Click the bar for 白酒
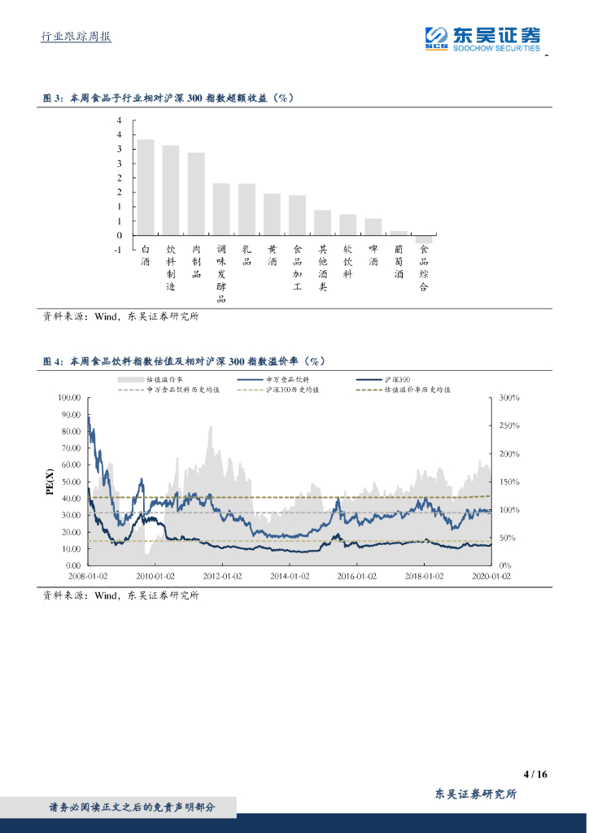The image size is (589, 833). pos(146,187)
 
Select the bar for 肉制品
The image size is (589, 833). pos(196,194)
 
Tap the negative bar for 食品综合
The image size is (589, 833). pos(424,239)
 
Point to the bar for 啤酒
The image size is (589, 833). pos(373,227)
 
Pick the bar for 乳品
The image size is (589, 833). pos(247,209)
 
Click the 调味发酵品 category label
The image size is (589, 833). pos(221,274)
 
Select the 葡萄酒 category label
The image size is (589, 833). pos(399,262)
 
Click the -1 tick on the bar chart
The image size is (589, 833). pos(119,250)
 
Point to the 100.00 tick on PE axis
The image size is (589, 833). pos(69,398)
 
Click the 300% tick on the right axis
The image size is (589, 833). pos(509,398)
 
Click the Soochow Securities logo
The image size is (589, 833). pos(483,37)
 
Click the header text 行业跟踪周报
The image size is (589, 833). pos(76,37)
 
